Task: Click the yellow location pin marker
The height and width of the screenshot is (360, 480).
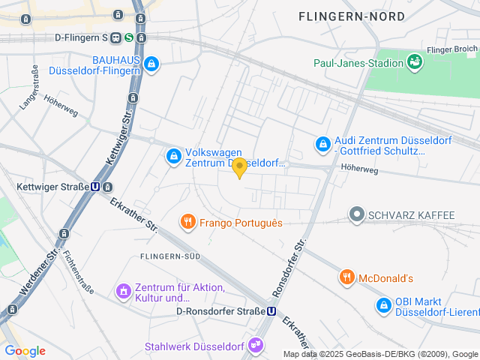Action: [239, 167]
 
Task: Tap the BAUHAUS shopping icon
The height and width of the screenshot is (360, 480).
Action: [152, 64]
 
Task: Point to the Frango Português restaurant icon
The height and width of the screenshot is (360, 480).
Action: [187, 222]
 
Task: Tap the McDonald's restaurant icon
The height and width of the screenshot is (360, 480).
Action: [346, 277]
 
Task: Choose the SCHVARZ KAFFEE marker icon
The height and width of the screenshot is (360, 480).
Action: [357, 215]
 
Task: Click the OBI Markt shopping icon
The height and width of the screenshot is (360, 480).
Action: [384, 305]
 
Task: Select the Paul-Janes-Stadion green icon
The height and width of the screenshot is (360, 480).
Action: [414, 61]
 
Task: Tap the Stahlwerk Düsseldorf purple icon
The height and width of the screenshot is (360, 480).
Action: [256, 346]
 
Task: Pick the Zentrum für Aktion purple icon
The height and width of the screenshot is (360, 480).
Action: [123, 290]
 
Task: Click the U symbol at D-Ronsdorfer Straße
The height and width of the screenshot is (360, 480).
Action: [271, 311]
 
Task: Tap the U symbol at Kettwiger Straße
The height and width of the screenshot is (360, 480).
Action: [96, 187]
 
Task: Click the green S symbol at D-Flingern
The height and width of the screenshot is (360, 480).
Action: [129, 37]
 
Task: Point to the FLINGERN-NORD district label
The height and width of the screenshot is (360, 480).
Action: [351, 16]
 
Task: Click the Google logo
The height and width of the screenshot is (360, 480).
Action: [25, 350]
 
